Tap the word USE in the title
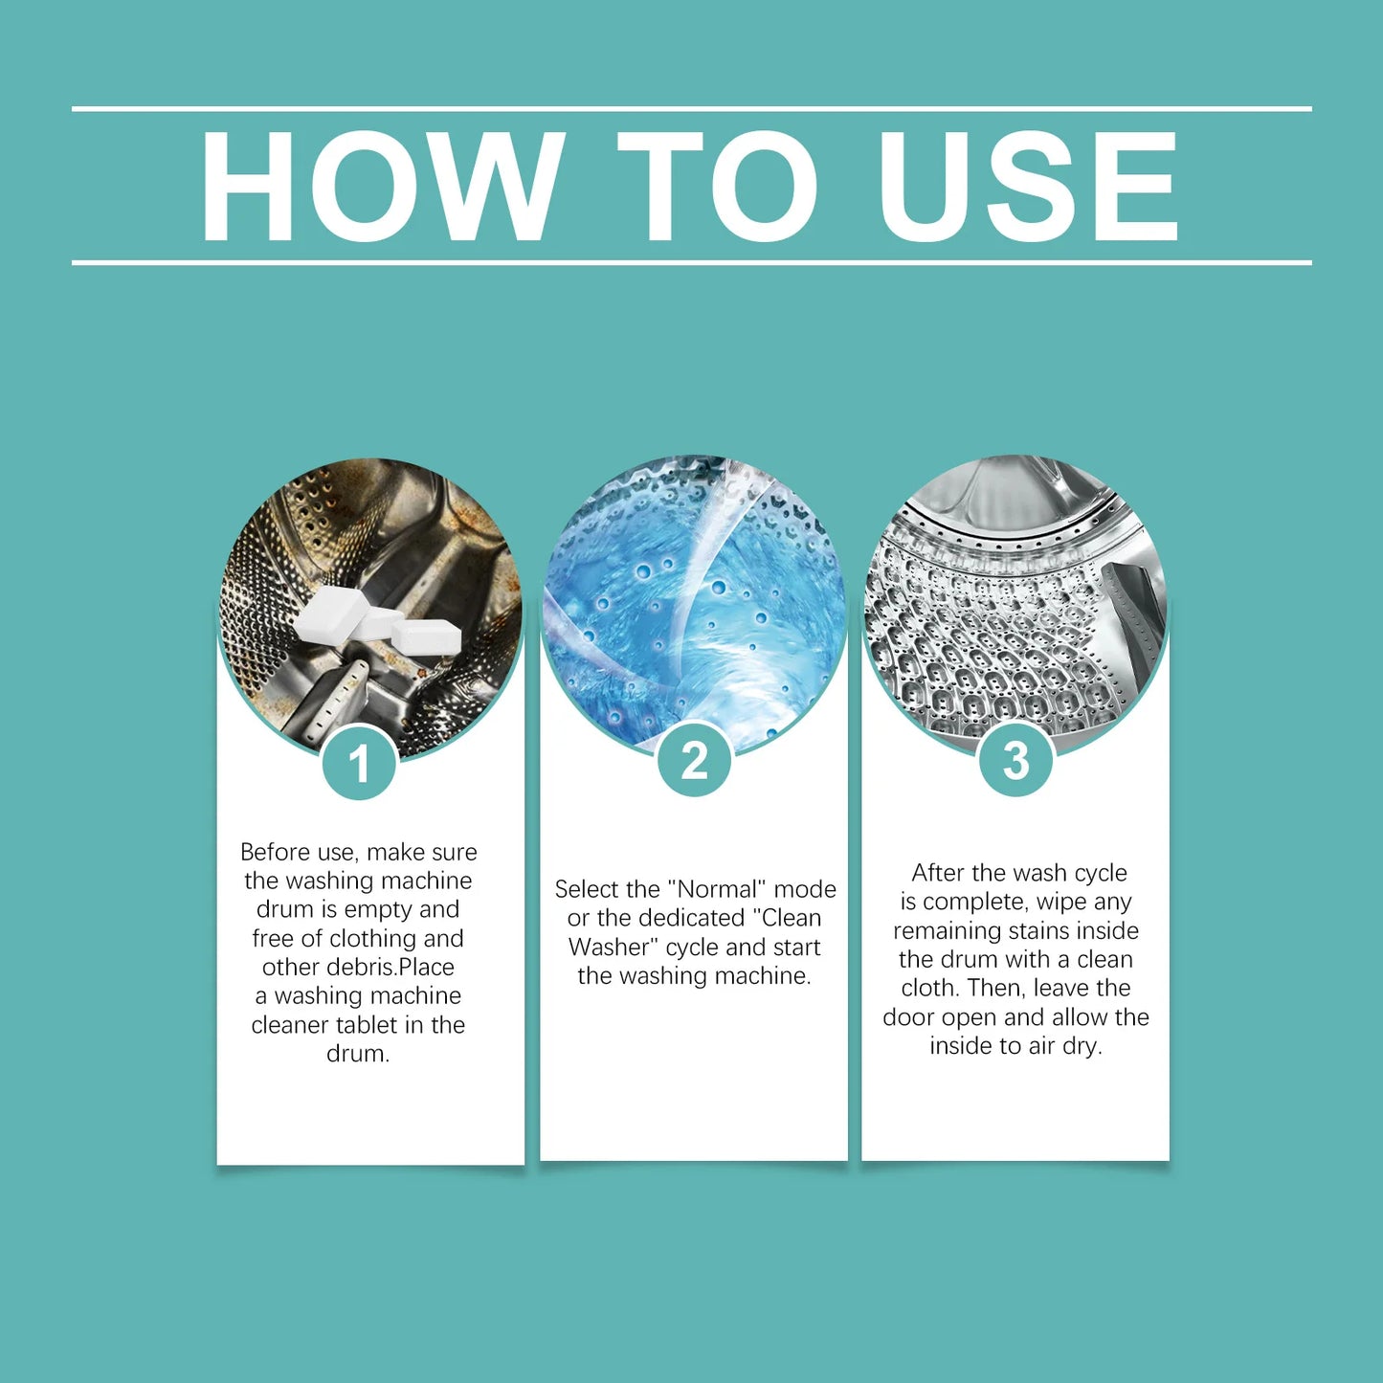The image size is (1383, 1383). (1028, 186)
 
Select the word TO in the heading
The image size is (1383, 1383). (717, 186)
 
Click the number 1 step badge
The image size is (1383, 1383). (359, 764)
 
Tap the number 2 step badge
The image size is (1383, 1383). (694, 761)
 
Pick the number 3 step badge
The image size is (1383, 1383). (1015, 761)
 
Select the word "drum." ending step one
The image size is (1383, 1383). (358, 1054)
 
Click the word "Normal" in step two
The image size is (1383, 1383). (717, 889)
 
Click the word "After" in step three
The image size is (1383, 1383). (939, 873)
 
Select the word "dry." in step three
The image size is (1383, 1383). (1081, 1046)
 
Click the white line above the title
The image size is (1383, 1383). (691, 109)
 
